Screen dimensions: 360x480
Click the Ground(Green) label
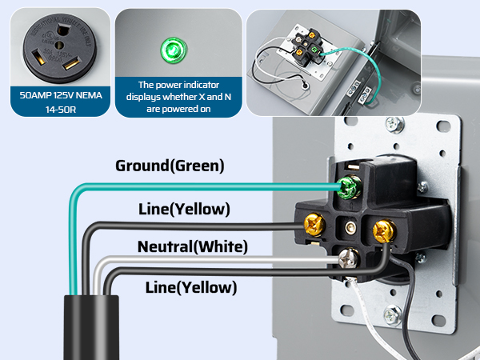(170, 166)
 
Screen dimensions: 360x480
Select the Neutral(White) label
(192, 246)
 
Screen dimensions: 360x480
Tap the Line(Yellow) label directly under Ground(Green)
(184, 210)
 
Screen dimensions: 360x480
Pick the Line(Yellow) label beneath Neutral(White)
(191, 286)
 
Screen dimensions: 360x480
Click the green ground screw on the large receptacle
(348, 189)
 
